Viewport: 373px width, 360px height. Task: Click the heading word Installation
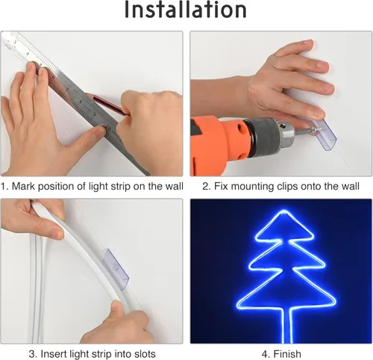(186, 11)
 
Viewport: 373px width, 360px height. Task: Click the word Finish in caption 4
(284, 353)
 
